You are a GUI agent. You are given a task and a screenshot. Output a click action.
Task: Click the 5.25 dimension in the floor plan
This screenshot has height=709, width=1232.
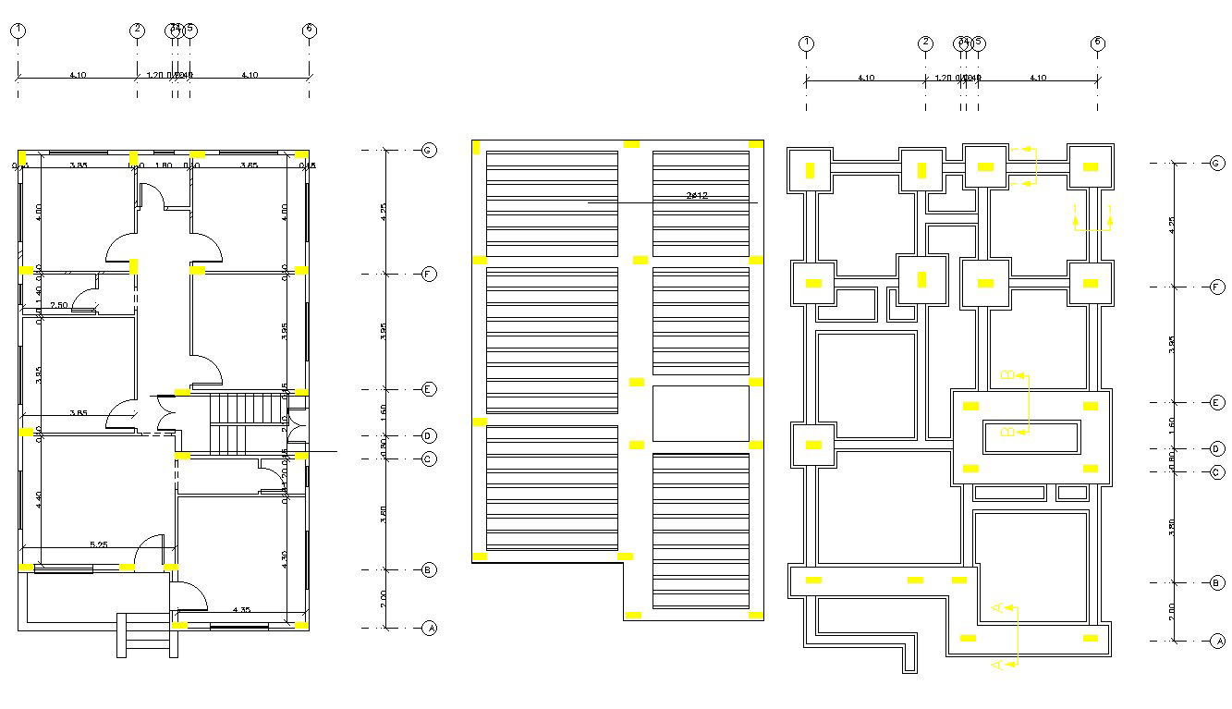tap(98, 544)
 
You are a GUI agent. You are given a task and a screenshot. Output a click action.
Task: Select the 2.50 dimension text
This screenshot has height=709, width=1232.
tap(58, 305)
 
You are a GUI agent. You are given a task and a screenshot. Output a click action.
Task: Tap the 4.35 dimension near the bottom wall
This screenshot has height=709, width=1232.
tap(241, 609)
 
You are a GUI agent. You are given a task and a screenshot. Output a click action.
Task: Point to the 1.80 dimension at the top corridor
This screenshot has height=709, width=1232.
tap(163, 165)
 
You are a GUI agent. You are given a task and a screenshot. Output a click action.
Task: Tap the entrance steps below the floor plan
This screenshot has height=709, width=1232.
tap(147, 635)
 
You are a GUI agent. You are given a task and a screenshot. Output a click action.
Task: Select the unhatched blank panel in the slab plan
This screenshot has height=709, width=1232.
tap(701, 413)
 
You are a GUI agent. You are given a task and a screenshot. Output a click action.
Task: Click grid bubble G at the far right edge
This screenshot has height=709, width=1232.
tap(1216, 163)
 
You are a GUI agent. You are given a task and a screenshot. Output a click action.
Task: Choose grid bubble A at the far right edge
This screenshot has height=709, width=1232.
tap(1216, 641)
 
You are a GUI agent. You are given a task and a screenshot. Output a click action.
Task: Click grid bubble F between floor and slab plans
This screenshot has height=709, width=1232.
tap(428, 275)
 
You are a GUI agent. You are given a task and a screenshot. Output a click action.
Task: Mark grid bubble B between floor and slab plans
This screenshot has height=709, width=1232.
tap(428, 569)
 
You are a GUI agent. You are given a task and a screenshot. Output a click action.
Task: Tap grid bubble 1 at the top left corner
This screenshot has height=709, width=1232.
tap(18, 31)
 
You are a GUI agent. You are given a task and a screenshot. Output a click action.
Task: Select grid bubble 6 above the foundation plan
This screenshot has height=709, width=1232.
tap(1097, 43)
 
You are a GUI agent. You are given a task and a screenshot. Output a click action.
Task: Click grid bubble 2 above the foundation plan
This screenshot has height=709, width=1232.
tap(925, 43)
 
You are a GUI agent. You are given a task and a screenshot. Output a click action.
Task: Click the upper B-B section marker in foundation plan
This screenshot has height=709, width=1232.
tap(1008, 374)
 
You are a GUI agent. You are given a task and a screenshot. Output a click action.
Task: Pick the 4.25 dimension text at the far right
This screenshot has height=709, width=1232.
tap(1171, 224)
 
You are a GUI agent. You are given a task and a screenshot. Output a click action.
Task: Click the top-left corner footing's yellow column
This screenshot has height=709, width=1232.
tap(811, 170)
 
